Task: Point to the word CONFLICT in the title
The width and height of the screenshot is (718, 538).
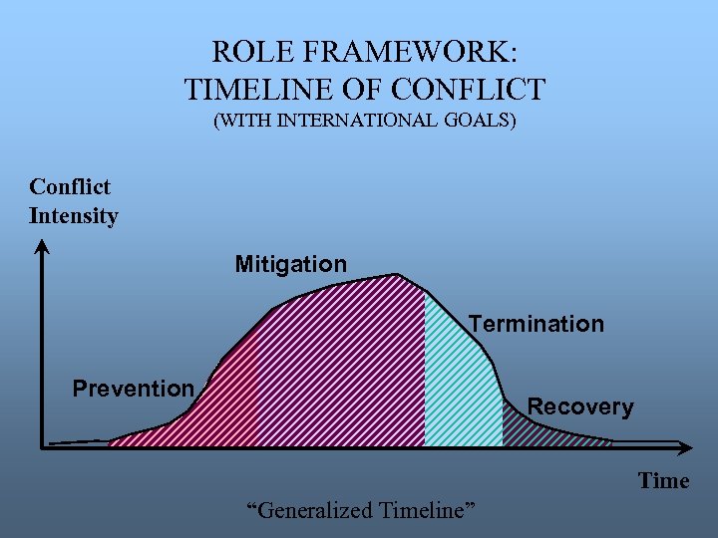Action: (469, 89)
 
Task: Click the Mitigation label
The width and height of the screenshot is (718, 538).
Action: (290, 264)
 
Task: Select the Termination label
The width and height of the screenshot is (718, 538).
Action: (537, 324)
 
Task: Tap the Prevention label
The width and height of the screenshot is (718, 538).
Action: (133, 389)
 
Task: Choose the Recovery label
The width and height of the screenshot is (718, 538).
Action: (579, 406)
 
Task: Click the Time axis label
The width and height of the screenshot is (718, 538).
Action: (663, 481)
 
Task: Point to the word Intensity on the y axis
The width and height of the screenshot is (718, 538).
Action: (74, 216)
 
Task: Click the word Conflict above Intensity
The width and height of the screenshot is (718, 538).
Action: (70, 187)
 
